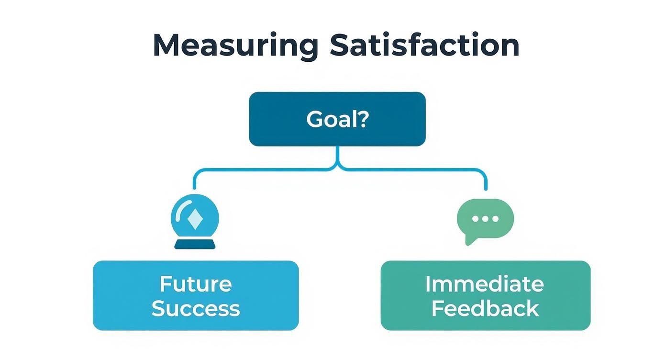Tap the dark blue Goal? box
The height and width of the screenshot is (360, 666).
click(x=337, y=119)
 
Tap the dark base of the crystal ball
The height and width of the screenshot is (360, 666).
click(x=195, y=245)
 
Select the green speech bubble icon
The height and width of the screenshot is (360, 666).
click(x=485, y=219)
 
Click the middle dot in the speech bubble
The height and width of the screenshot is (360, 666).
click(x=486, y=219)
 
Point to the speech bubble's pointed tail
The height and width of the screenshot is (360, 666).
click(x=469, y=241)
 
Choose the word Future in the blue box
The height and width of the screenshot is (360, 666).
click(x=196, y=284)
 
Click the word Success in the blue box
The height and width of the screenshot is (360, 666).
click(x=196, y=309)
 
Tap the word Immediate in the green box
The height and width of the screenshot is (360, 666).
click(x=485, y=284)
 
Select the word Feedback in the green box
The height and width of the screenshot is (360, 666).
click(x=485, y=309)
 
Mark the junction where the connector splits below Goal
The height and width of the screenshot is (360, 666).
click(x=338, y=168)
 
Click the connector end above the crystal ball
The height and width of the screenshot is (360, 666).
click(x=195, y=188)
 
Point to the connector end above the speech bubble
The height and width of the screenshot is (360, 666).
click(x=486, y=189)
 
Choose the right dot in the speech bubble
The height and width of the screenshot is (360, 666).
click(x=495, y=219)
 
